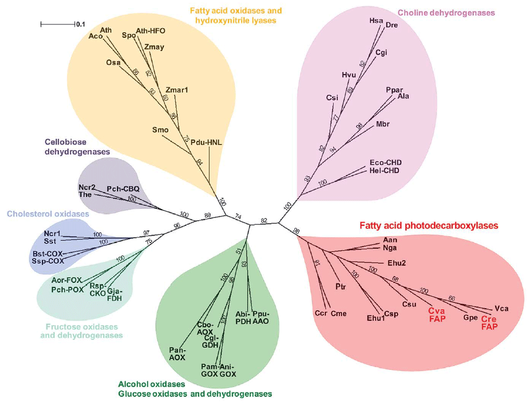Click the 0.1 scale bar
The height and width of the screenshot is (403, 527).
pos(57,24)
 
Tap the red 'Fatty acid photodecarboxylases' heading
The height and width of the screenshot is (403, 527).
pos(429,226)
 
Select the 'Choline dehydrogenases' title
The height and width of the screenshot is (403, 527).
pos(446,12)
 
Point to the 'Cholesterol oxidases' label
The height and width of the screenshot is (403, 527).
pos(48,213)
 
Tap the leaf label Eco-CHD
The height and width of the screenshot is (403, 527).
pos(386,163)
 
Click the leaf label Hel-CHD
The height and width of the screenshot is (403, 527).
pos(386,170)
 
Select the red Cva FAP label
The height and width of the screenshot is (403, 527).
pos(437,315)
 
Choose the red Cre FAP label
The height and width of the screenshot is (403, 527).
pos(489,323)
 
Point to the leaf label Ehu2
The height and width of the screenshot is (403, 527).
pos(396,263)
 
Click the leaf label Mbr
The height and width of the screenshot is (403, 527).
pos(383,124)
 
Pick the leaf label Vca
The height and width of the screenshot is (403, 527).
pos(502,308)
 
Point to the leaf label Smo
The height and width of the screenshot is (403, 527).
pos(160,129)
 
